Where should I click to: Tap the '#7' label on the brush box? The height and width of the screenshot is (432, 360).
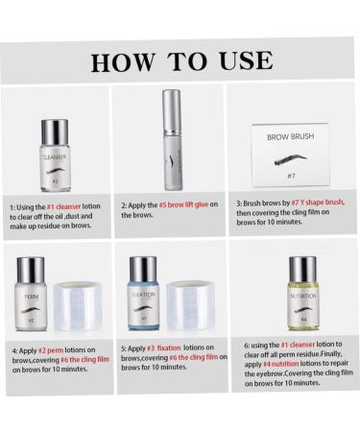coord(290,177)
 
